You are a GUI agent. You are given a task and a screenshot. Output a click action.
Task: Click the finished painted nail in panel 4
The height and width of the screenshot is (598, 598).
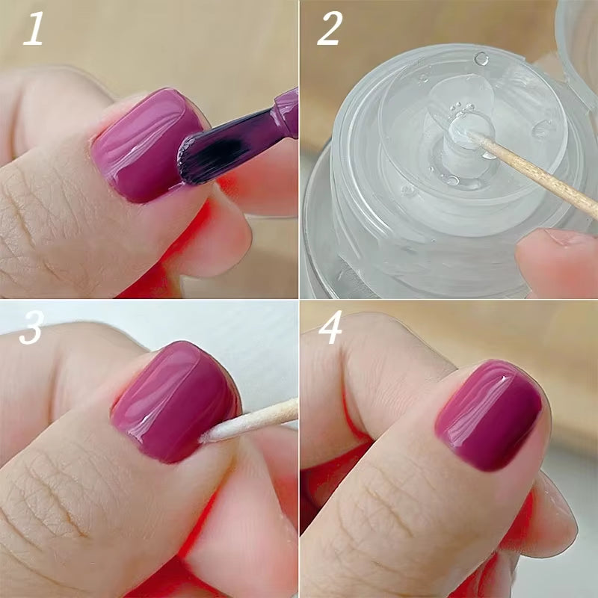pos(490,415)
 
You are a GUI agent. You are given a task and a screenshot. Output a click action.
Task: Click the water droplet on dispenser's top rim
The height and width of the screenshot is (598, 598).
pos(481,58)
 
